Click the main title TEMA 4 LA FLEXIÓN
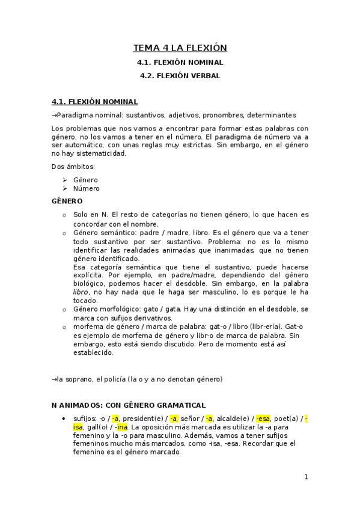180,48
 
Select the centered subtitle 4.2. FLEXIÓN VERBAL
180,76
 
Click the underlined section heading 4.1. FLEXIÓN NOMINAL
95,102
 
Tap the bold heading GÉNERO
67,201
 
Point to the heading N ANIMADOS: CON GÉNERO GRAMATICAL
129,405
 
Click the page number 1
306,477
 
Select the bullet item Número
87,188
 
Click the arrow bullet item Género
85,180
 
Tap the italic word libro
81,291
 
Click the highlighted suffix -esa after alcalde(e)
263,419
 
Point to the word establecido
93,353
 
